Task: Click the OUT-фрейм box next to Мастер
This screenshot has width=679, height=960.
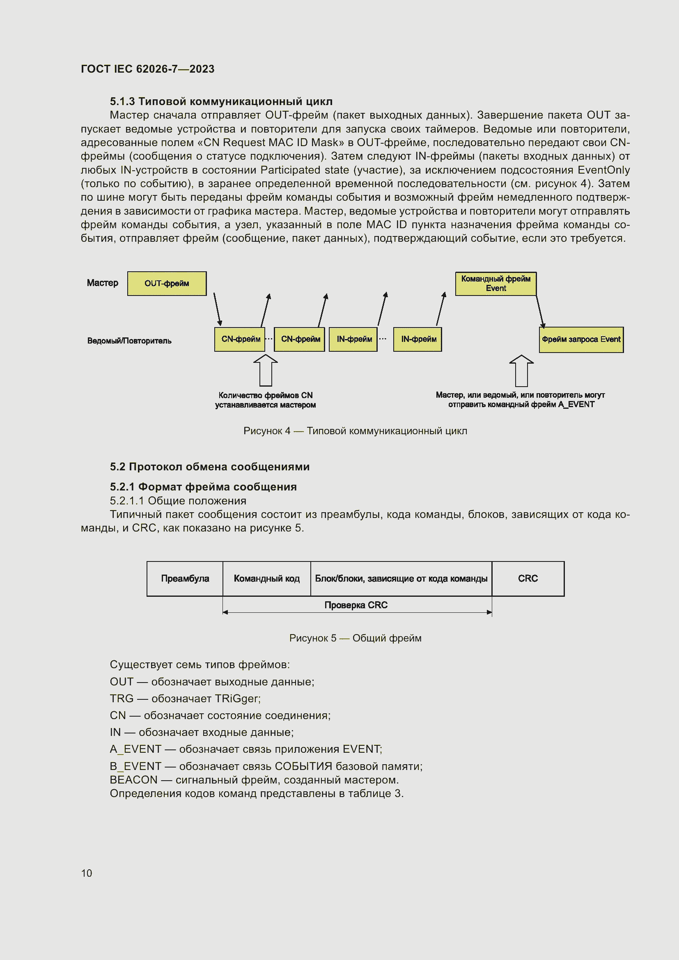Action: coord(166,284)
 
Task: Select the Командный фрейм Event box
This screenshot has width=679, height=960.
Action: coord(495,284)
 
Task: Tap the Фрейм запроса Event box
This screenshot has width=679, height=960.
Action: coord(581,339)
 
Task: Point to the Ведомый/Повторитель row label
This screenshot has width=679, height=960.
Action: coord(129,341)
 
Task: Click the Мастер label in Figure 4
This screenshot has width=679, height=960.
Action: coord(103,283)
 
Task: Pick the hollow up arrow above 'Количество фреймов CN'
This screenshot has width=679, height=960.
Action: coord(266,371)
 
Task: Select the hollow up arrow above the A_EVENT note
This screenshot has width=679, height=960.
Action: coord(521,371)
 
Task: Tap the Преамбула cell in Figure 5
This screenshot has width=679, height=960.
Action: coord(185,579)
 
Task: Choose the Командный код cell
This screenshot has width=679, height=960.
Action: coord(266,579)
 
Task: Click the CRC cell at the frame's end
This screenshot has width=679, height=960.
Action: coord(528,579)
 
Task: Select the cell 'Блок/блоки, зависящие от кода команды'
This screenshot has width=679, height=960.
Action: coord(401,579)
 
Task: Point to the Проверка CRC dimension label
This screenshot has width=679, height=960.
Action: coord(356,605)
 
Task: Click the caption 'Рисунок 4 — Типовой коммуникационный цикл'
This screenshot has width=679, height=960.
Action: coord(355,431)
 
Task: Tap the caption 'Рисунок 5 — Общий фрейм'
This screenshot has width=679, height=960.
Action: coord(355,638)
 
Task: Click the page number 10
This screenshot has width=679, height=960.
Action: coord(87,873)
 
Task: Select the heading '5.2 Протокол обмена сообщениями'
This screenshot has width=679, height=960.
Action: coord(209,467)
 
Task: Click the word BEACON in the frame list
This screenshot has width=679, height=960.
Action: coord(133,780)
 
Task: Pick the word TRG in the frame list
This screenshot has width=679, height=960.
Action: coord(122,699)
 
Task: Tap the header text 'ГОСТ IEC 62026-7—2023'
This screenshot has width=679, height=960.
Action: coord(148,69)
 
